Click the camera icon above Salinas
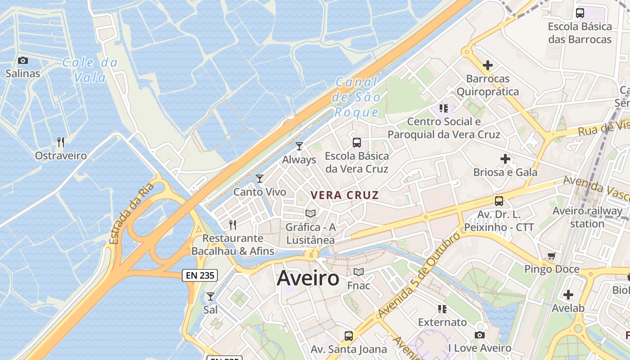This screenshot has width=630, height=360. (22, 60)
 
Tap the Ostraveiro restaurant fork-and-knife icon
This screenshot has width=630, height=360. (61, 142)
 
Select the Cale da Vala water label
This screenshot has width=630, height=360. (90, 70)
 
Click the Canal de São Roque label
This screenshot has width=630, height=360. (356, 97)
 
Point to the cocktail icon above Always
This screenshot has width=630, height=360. (299, 146)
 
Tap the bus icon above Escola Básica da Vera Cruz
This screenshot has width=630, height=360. (357, 143)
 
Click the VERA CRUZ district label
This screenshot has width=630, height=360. (345, 195)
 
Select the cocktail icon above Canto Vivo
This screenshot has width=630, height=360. (260, 179)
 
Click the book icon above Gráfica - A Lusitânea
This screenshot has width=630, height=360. (310, 213)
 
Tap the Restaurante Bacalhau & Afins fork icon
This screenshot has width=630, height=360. (233, 225)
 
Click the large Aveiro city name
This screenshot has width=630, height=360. (308, 278)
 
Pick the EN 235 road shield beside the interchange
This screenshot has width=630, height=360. (200, 275)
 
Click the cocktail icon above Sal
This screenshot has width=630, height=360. (210, 297)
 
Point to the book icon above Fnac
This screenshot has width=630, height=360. (359, 272)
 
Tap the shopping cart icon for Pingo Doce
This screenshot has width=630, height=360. (552, 256)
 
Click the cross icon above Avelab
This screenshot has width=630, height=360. (568, 295)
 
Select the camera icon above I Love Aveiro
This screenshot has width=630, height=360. (480, 335)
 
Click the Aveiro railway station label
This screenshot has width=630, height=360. (587, 217)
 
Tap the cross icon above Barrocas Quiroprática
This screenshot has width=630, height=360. (488, 65)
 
